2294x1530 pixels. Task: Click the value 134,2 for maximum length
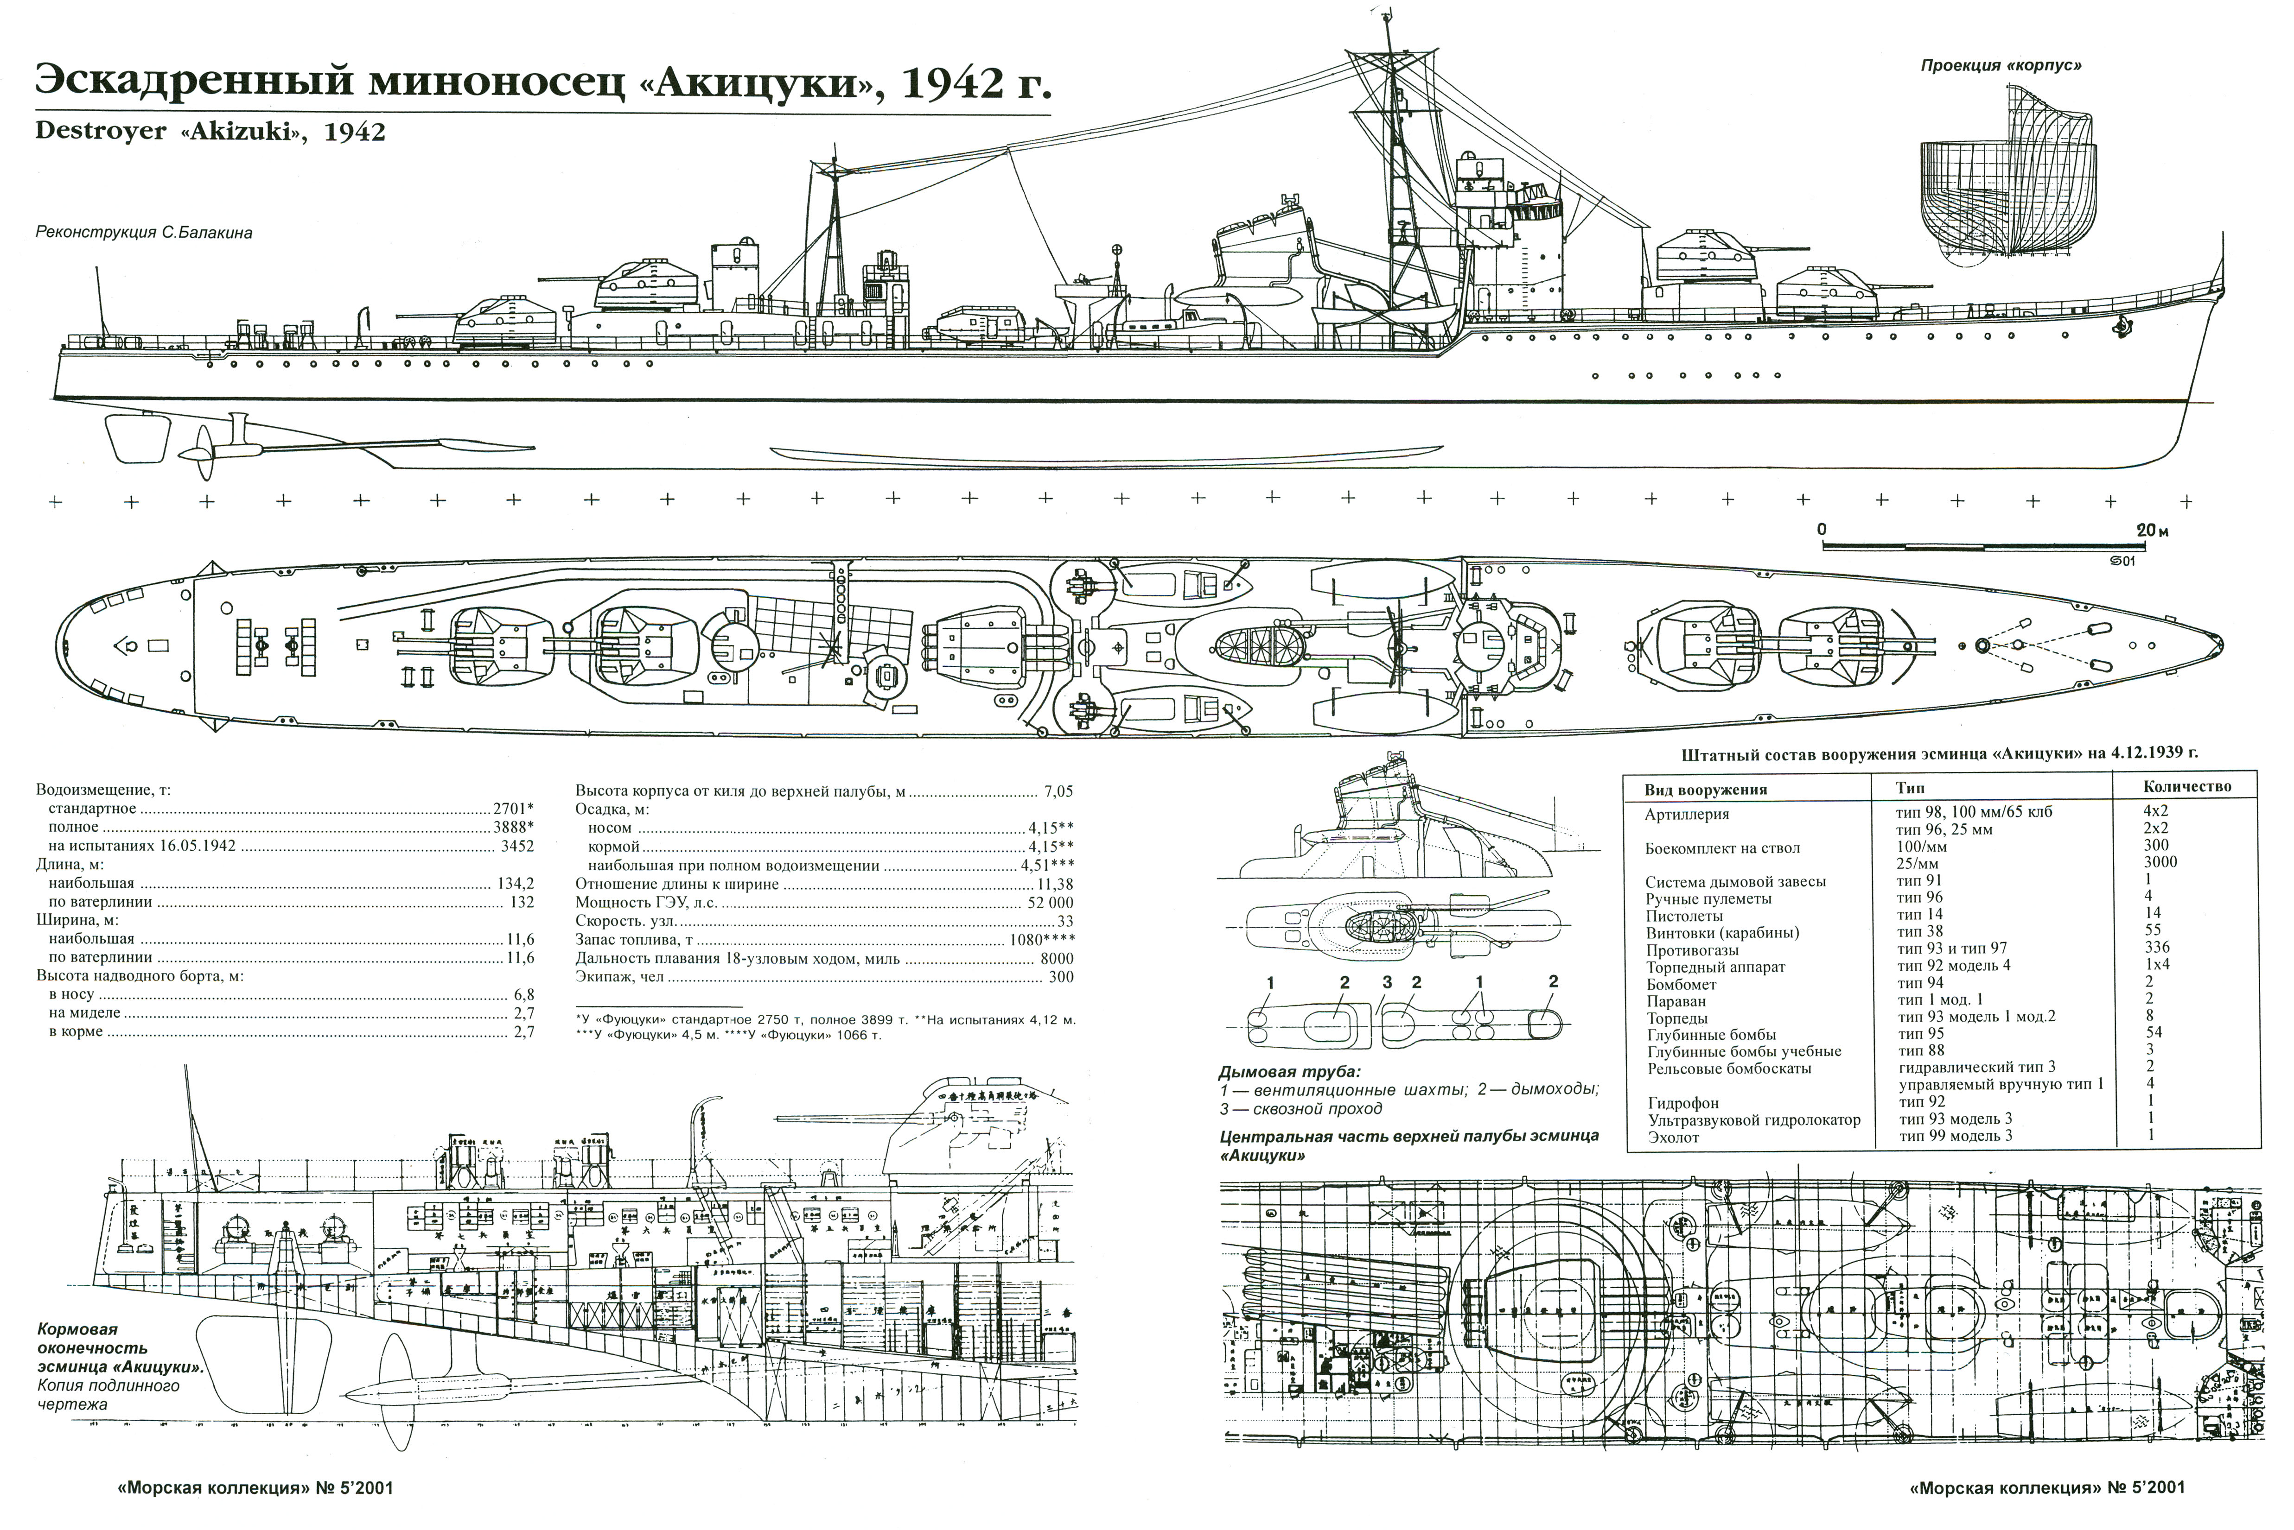(x=516, y=884)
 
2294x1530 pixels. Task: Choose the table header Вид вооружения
(x=1705, y=790)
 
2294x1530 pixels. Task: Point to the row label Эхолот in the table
(x=1673, y=1137)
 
